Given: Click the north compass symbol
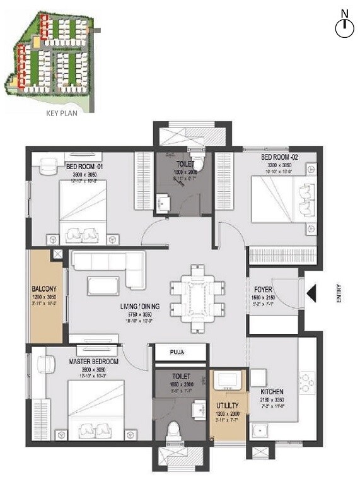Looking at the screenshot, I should coord(344,27).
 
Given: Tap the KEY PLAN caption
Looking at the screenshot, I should coord(61,114).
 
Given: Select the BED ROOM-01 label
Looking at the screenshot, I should coord(84,167).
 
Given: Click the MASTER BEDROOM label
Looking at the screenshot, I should coord(94,362).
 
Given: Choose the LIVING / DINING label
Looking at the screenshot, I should coord(141,307).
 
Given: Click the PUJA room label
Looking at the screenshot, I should coord(180,352).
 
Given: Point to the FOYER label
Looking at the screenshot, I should coord(264,272).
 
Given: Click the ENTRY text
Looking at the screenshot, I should coord(339,294).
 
